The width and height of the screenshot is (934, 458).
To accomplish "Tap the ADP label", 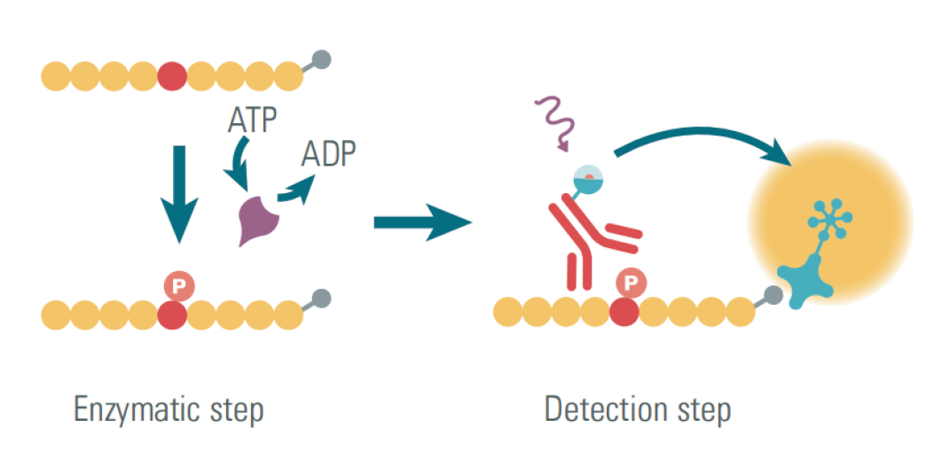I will point(328,154).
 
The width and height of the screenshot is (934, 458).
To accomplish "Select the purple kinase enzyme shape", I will point(258,216).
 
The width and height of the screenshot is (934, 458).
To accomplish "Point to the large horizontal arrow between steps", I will point(421,221).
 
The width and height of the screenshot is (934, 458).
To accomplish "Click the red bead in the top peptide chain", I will point(172,76).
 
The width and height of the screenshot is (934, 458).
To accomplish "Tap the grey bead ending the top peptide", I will point(322,60).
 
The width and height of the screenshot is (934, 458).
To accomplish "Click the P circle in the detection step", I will point(631,283).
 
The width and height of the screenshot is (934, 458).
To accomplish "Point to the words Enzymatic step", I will point(169,410).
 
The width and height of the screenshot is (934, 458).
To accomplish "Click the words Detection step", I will point(638,410).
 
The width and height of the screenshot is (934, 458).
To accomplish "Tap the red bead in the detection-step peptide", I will point(624,311).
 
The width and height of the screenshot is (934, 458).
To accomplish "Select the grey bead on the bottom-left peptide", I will point(322,297).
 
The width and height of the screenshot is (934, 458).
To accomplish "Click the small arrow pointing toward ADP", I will point(297,190).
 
